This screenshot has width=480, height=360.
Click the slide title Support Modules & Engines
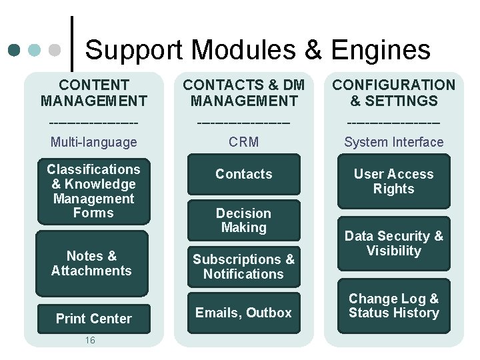point(258,50)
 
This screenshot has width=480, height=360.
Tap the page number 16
point(91,340)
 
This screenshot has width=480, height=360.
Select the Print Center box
point(93,319)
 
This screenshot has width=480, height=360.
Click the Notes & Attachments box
point(91,263)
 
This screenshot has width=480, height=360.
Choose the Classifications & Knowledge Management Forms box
point(93,191)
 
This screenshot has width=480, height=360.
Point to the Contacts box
point(243,174)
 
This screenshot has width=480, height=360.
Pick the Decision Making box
point(243,220)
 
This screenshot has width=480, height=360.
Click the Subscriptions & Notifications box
point(243,267)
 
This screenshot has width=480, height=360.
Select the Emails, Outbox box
point(243,313)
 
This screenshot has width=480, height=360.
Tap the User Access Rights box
point(393,181)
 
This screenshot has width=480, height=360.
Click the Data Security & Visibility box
point(393,243)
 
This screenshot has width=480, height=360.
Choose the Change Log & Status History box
point(393,306)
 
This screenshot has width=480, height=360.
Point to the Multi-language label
point(93,142)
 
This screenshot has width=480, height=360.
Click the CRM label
point(243,142)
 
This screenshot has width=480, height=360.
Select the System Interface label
point(393,142)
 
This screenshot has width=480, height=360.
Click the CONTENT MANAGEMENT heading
point(93,93)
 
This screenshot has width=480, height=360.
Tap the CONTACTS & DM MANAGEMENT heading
point(243,93)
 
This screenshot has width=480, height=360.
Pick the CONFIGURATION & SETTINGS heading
point(393,93)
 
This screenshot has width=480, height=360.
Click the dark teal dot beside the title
point(15,50)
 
